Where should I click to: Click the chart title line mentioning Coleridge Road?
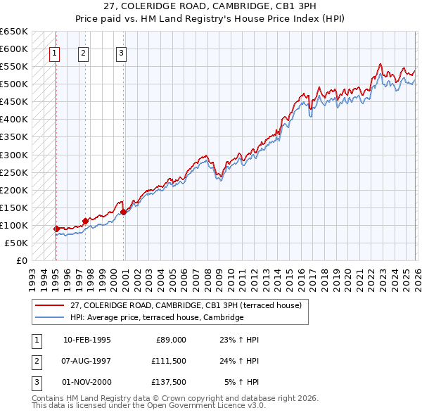[210, 6]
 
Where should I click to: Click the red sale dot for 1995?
[56, 229]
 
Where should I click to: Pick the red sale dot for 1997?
[85, 221]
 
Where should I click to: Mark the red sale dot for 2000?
[123, 212]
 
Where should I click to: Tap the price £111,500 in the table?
[168, 359]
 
